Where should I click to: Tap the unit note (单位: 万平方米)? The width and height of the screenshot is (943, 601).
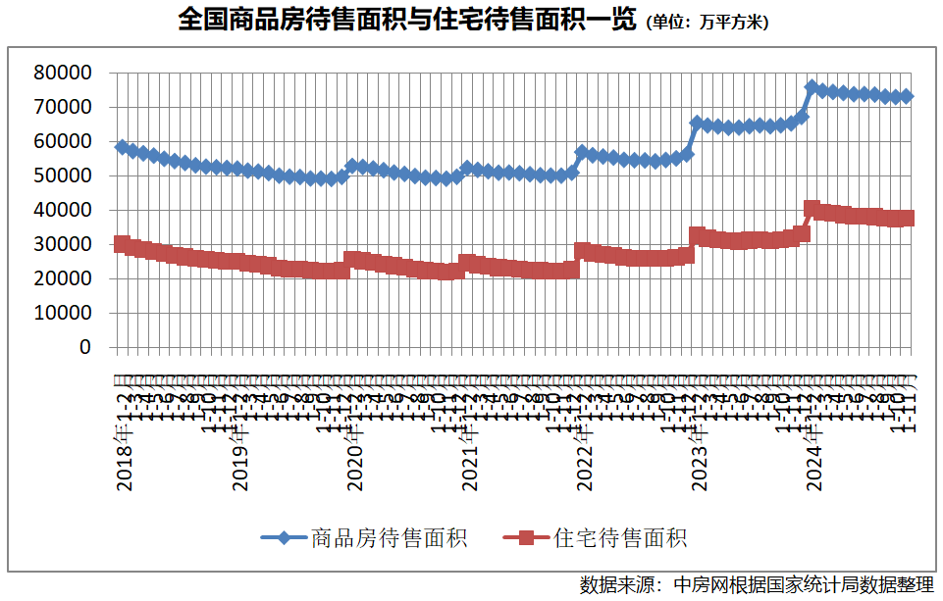[707, 23]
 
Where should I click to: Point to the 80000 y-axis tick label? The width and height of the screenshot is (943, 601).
[63, 73]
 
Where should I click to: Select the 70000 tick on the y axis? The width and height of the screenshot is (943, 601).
[63, 107]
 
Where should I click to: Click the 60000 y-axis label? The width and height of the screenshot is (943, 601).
[63, 141]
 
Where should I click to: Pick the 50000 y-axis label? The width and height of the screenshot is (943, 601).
[63, 175]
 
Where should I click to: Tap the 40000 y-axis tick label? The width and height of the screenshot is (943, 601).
[63, 210]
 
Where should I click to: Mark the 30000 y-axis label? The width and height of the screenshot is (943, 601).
[63, 244]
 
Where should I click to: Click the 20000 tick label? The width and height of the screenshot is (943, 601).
[63, 278]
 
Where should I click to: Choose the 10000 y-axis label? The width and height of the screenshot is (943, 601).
[63, 313]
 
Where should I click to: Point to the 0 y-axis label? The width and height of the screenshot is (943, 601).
[84, 347]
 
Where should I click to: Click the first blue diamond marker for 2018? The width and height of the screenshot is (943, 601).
[122, 147]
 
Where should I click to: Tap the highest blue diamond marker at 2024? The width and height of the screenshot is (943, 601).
[812, 87]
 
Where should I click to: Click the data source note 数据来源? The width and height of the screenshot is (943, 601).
[756, 585]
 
